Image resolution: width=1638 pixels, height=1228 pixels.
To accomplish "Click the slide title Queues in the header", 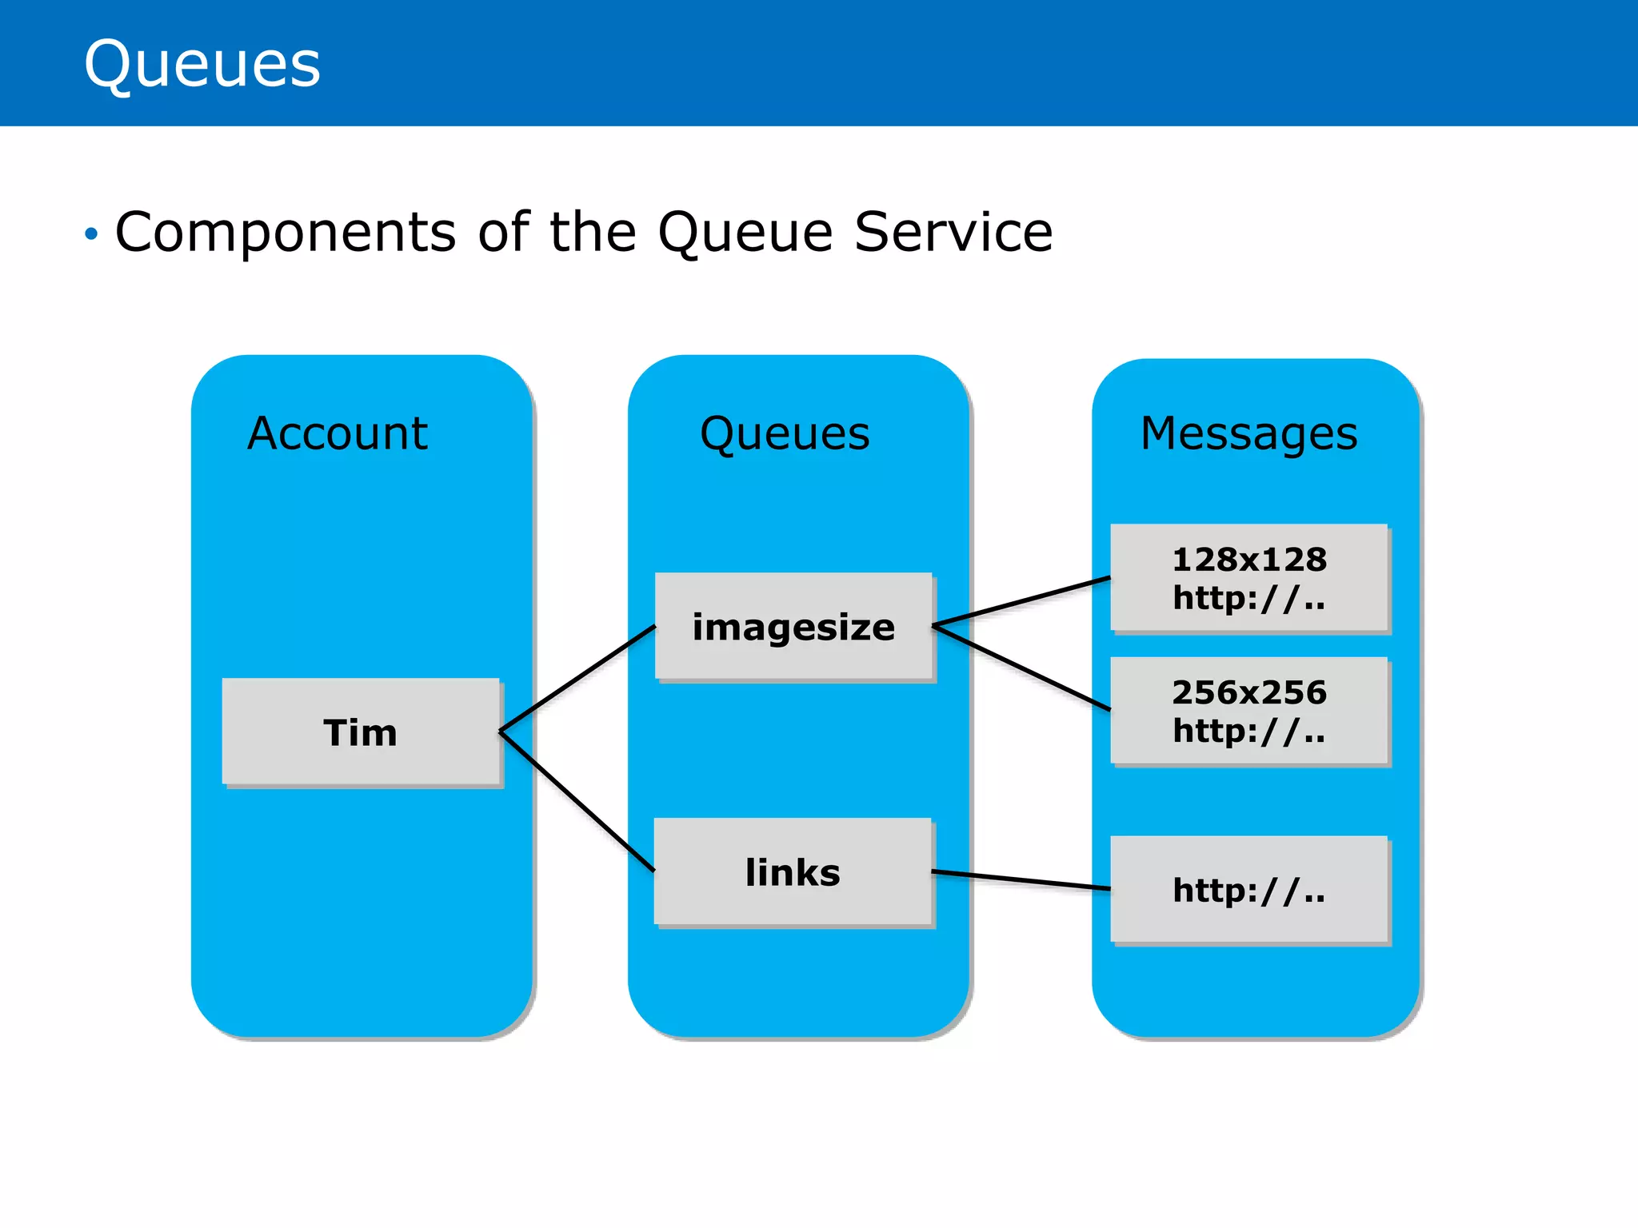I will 202,64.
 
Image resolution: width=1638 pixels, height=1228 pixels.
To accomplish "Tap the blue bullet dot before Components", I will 91,234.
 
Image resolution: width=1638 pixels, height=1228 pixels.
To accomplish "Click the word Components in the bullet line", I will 286,233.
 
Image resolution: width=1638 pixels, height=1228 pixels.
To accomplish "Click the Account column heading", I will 337,434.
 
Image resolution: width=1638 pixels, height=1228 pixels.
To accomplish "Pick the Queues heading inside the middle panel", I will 785,434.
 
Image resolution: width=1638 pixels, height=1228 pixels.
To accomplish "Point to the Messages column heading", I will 1248,434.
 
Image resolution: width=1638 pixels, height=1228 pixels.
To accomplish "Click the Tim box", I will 361,732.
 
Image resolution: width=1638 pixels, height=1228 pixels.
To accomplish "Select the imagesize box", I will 793,627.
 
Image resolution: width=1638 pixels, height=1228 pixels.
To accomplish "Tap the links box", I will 793,871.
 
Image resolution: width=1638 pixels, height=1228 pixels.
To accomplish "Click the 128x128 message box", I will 1248,578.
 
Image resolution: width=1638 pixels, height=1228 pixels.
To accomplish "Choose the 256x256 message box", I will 1248,711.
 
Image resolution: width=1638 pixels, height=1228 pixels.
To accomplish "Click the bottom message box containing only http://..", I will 1248,890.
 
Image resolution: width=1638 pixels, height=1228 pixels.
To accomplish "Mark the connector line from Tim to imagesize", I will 577,678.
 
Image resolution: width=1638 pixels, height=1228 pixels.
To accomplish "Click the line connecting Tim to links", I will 576,800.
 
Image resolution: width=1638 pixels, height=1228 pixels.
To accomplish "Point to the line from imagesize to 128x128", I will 1022,601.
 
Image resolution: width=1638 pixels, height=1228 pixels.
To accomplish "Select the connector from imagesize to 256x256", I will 1022,668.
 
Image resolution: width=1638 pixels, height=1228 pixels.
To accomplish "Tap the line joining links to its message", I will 1022,880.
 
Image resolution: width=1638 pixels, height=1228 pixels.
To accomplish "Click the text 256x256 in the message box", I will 1248,692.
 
